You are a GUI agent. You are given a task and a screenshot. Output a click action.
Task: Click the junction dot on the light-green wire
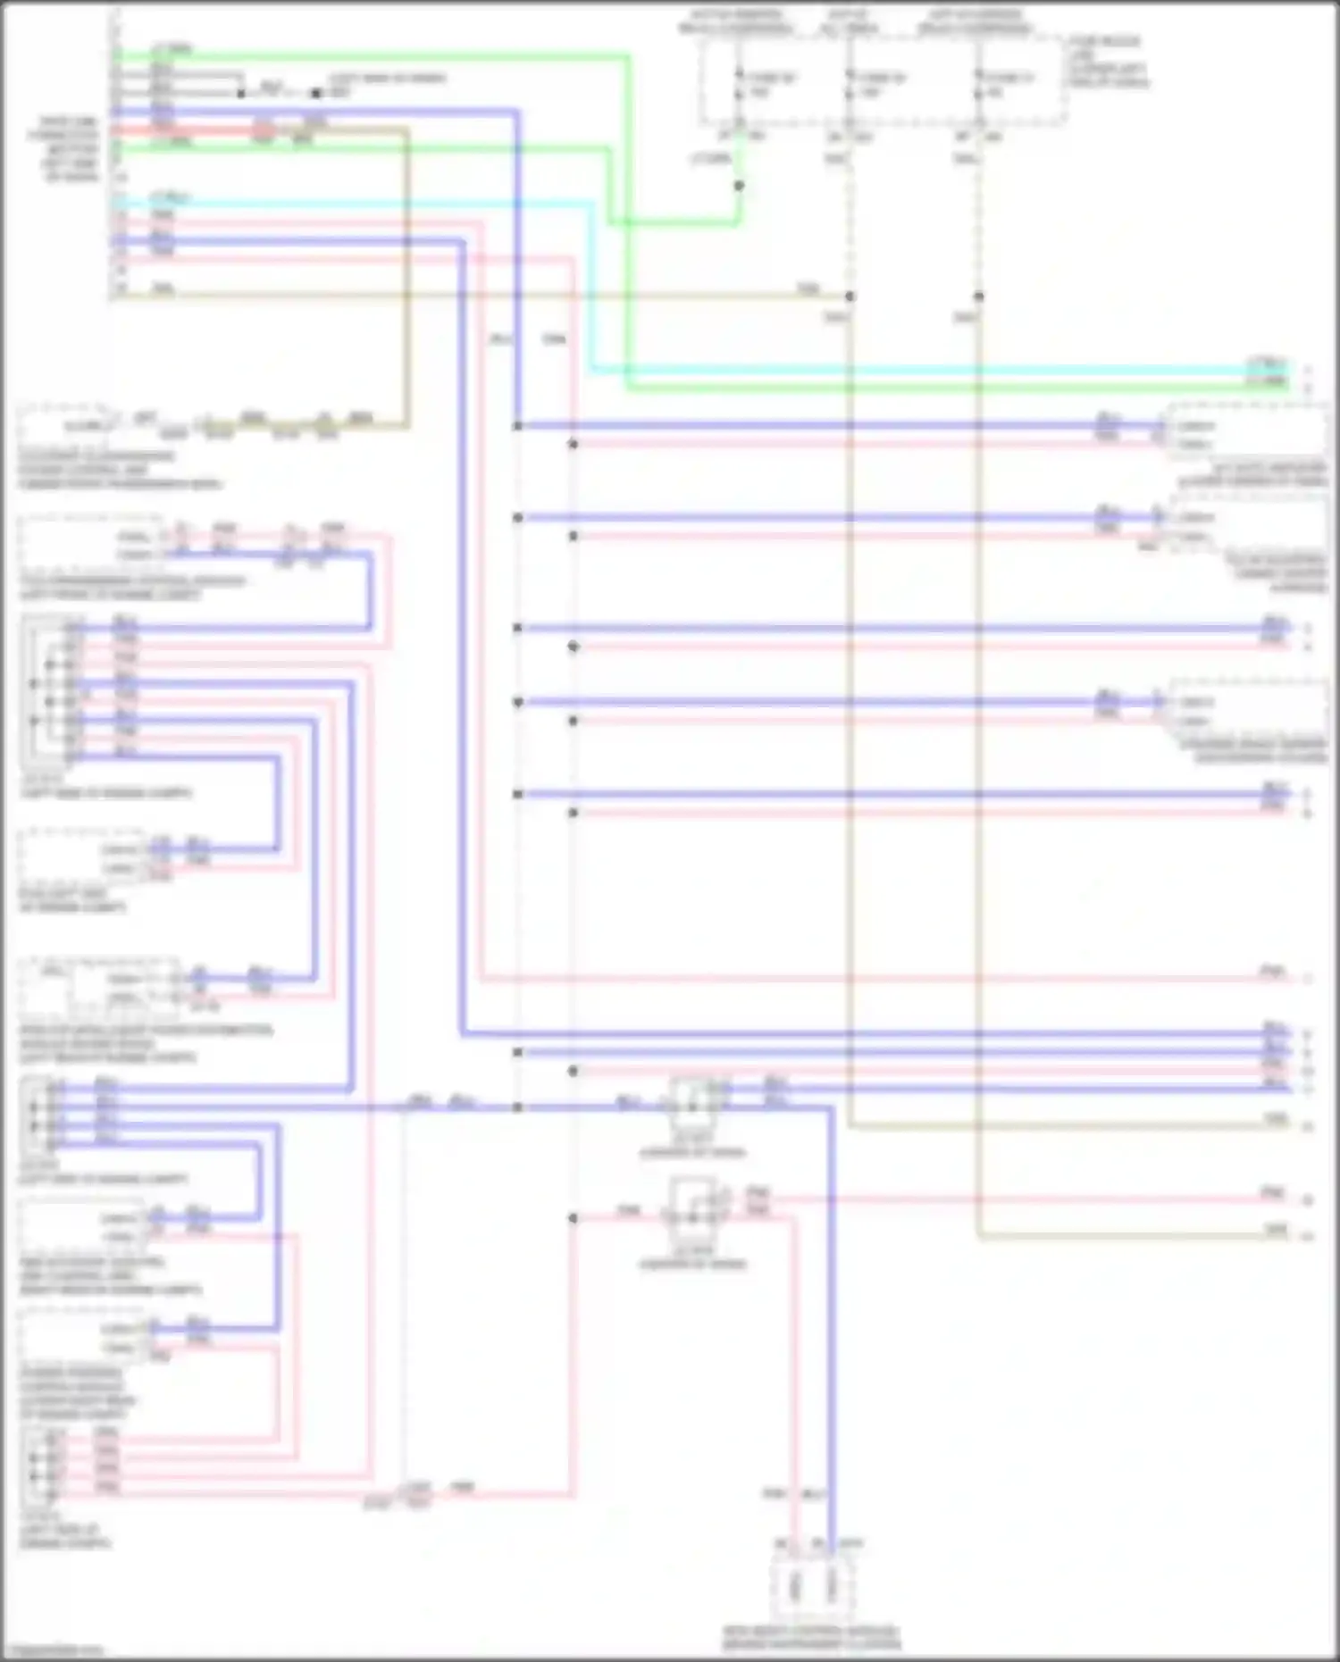click(x=739, y=186)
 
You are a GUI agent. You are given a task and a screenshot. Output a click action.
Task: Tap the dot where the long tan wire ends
click(x=850, y=296)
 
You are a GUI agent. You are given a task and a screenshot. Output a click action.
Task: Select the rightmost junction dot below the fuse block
click(x=979, y=296)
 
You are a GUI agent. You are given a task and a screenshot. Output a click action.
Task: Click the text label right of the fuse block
click(x=1109, y=62)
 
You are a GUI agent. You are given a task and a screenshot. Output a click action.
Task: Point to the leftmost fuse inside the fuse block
click(x=739, y=85)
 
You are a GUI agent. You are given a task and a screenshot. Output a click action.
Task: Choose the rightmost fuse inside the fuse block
click(x=980, y=85)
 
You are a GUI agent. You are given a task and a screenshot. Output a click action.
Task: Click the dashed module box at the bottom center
click(x=813, y=1586)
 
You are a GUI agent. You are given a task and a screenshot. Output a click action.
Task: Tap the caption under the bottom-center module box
click(x=811, y=1637)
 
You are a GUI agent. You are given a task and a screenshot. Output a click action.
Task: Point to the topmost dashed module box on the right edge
click(x=1249, y=434)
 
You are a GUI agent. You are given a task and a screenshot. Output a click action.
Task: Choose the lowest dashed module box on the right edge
click(x=1249, y=710)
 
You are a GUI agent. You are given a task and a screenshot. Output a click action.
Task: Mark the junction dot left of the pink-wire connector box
click(x=573, y=1217)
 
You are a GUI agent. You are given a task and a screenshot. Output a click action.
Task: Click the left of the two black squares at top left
click(x=241, y=93)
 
